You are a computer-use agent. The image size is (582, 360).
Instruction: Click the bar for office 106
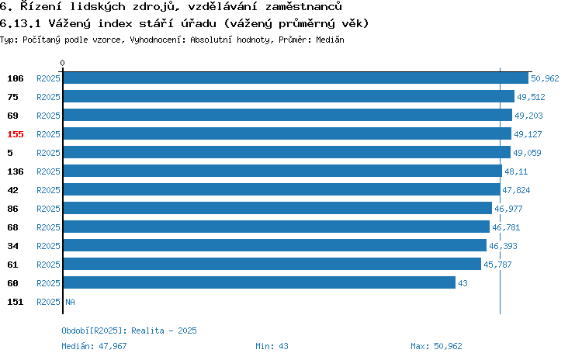pos(296,78)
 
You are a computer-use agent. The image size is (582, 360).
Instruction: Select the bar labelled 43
pos(259,282)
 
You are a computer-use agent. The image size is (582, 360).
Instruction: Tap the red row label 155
pos(16,134)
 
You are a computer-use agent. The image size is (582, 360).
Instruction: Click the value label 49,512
pos(531,97)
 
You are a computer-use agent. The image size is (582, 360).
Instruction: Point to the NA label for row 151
pos(70,302)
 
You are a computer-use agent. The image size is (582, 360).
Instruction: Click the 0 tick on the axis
pos(62,63)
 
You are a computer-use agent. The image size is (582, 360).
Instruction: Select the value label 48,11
pos(516,171)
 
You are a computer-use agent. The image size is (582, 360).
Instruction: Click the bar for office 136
pos(282,171)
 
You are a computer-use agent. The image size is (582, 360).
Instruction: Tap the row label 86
pos(12,209)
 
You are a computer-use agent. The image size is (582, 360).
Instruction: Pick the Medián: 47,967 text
pos(94,346)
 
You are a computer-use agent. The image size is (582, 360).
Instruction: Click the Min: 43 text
pos(272,346)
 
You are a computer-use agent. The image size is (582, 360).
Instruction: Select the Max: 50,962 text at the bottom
pos(436,346)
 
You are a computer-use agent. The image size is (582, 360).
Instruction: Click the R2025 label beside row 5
pos(48,153)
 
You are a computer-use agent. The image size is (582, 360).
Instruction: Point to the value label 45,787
pos(497,265)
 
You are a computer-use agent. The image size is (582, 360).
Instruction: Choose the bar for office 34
pos(275,245)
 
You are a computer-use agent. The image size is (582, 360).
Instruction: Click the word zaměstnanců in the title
pos(303,6)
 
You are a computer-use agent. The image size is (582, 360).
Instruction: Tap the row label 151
pos(16,302)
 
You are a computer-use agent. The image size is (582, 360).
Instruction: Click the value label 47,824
pos(516,190)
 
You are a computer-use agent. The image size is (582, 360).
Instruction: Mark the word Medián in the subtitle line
pos(330,40)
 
